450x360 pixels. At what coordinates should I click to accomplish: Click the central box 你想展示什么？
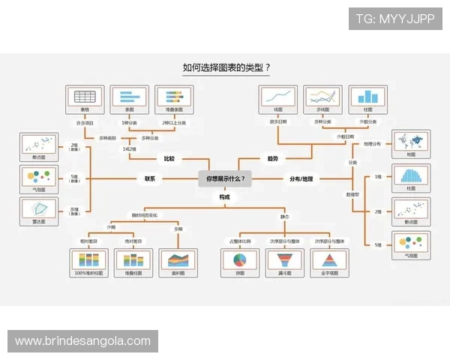(x=225, y=178)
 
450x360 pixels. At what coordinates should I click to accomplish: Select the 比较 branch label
(x=169, y=159)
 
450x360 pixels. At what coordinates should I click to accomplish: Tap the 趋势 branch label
(x=272, y=159)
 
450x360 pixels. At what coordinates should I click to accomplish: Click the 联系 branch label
(x=150, y=178)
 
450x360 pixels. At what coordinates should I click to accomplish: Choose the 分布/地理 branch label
(x=303, y=178)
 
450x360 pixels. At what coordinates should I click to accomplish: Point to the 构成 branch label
(x=225, y=196)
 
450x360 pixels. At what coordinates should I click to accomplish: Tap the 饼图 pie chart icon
(x=241, y=260)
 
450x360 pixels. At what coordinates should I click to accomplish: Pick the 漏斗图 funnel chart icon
(x=285, y=260)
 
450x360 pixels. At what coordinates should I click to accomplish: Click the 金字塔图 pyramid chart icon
(x=330, y=260)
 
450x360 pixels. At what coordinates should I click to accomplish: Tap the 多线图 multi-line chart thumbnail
(x=322, y=97)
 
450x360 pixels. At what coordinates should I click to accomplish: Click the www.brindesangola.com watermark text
(x=82, y=341)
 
